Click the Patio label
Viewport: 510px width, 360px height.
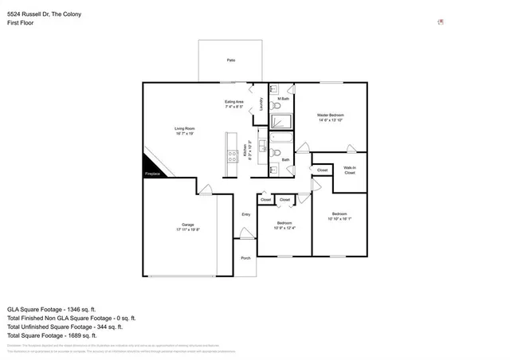pyautogui.click(x=231, y=60)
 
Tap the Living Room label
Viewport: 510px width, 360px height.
pyautogui.click(x=185, y=129)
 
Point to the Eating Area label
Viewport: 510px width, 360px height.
pyautogui.click(x=233, y=102)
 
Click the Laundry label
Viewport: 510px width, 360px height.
pyautogui.click(x=261, y=104)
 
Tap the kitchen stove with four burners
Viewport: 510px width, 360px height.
pyautogui.click(x=232, y=156)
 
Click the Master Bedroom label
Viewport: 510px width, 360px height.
pyautogui.click(x=331, y=115)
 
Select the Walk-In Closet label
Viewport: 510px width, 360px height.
pyautogui.click(x=349, y=170)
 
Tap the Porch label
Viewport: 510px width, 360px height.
pyautogui.click(x=245, y=257)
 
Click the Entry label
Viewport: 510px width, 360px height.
pyautogui.click(x=246, y=214)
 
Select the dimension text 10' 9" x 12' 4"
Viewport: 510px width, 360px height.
pyautogui.click(x=284, y=229)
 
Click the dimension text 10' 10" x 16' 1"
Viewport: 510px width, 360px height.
pyautogui.click(x=339, y=219)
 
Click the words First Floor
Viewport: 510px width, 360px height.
pyautogui.click(x=19, y=23)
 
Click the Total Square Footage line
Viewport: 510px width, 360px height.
pyautogui.click(x=52, y=335)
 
